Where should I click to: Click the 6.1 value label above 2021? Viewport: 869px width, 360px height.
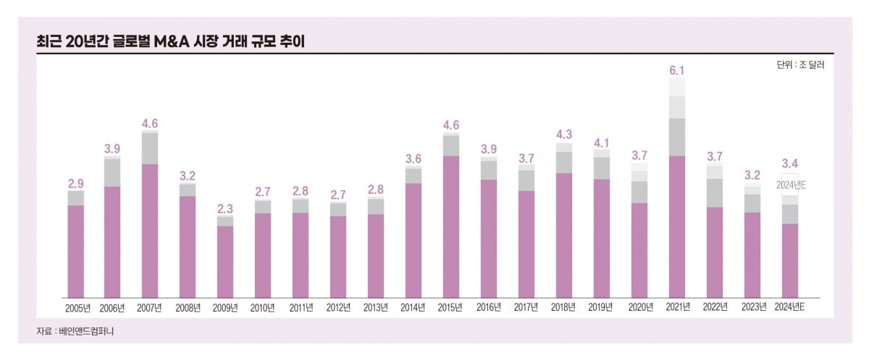pyautogui.click(x=676, y=70)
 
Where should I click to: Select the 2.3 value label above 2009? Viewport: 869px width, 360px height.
pyautogui.click(x=225, y=209)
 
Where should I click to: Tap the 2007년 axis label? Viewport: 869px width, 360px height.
pyautogui.click(x=150, y=308)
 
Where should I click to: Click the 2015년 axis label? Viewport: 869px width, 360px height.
pyautogui.click(x=451, y=308)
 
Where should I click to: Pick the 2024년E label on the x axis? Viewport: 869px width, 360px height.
pyautogui.click(x=790, y=308)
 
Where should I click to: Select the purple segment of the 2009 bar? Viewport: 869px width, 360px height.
pyautogui.click(x=225, y=261)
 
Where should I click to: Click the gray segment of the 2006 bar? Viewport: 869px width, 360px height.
pyautogui.click(x=112, y=172)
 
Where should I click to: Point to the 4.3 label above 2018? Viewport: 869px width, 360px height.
pyautogui.click(x=563, y=134)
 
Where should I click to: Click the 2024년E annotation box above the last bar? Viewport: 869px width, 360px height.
pyautogui.click(x=790, y=185)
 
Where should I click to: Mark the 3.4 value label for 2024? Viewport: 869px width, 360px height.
pyautogui.click(x=790, y=163)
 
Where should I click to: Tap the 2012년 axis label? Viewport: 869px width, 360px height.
pyautogui.click(x=338, y=308)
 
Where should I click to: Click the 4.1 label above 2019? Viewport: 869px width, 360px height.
pyautogui.click(x=601, y=142)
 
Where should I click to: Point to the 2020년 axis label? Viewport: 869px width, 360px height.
pyautogui.click(x=639, y=308)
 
